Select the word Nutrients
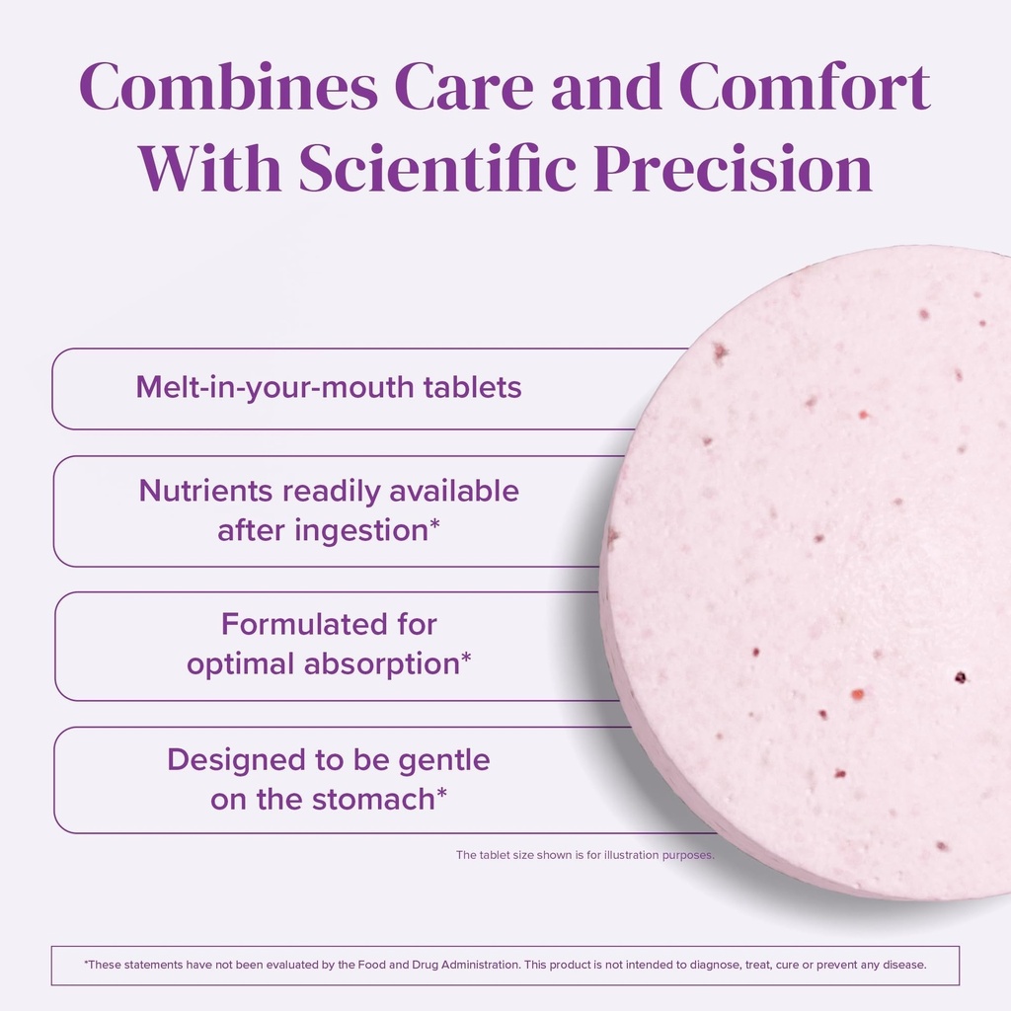(205, 491)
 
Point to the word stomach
(373, 799)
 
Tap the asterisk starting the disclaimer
(87, 964)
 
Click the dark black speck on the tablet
(960, 677)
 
